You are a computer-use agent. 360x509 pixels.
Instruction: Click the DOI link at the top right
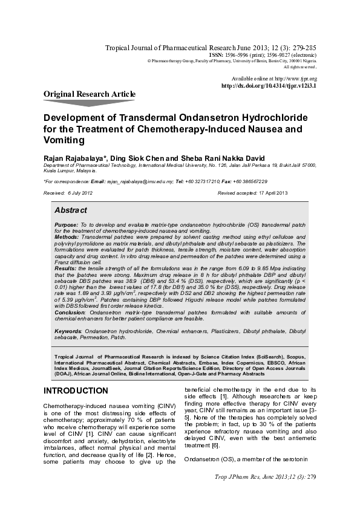269,86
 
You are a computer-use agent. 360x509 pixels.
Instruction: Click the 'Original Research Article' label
90,94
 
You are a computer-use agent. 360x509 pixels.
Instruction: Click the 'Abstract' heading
71,210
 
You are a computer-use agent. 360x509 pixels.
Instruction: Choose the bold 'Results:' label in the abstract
65,266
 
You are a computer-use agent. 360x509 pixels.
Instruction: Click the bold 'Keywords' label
68,331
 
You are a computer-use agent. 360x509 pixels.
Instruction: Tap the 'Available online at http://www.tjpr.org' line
274,79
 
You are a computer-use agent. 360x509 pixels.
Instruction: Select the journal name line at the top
210,47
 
